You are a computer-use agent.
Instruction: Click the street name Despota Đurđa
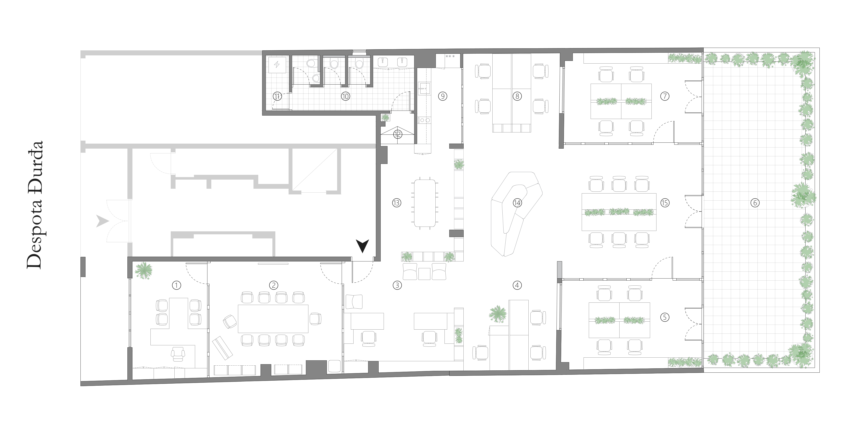(x=35, y=205)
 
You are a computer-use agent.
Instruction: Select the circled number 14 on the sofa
(x=517, y=203)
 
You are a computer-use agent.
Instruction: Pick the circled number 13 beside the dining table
(x=397, y=203)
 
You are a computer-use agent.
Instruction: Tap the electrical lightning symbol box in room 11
(x=276, y=65)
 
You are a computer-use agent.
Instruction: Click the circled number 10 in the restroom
(x=345, y=96)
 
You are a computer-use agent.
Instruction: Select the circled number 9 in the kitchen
(x=442, y=96)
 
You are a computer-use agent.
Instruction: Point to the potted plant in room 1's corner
(x=144, y=270)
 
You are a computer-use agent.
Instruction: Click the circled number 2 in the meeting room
(x=273, y=285)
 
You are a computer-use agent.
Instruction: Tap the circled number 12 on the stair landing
(x=398, y=134)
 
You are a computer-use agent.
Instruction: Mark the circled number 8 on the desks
(x=517, y=96)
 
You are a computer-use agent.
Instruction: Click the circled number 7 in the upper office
(x=664, y=96)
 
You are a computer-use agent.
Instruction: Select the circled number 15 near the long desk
(x=664, y=203)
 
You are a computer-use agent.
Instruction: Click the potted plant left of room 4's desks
(x=498, y=314)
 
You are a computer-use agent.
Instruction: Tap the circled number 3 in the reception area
(x=397, y=285)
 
